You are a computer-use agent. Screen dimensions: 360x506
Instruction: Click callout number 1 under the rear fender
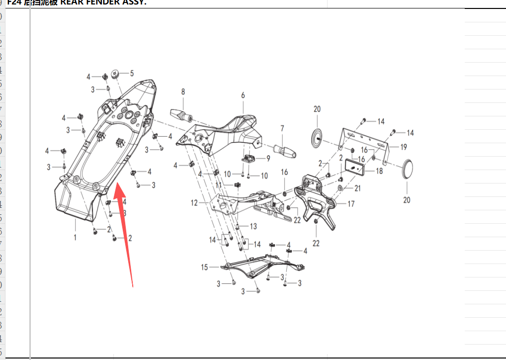tap(75, 238)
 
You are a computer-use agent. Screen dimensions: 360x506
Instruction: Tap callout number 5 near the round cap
tap(132, 74)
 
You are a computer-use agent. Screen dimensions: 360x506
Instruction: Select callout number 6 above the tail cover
tap(243, 95)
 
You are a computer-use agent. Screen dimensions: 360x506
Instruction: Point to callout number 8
tap(183, 91)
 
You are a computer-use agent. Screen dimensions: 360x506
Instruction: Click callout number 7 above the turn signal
tap(282, 129)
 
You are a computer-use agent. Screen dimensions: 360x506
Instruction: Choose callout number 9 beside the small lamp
tap(268, 159)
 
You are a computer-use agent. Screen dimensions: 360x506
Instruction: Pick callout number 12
tap(194, 203)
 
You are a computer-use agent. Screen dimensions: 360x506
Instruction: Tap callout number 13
tap(253, 227)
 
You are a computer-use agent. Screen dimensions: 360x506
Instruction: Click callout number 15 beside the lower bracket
tap(204, 268)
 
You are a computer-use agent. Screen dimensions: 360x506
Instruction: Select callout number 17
tap(351, 204)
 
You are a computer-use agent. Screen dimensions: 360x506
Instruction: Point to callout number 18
tap(379, 171)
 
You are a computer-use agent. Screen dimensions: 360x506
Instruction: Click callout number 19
tap(404, 147)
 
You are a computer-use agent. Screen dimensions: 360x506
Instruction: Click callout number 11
tap(219, 184)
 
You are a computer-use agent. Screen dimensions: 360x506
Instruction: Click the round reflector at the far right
tap(407, 169)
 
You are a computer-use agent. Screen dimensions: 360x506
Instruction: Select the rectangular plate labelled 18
tap(355, 168)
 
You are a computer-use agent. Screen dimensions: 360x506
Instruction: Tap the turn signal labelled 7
tap(284, 150)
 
